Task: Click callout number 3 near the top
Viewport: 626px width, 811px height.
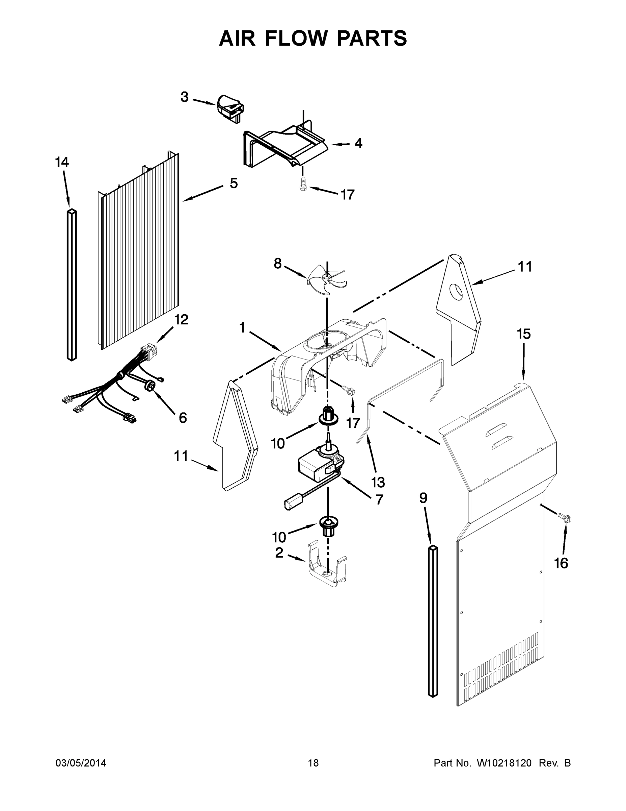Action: click(x=184, y=97)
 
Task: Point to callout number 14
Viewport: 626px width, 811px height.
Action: click(x=62, y=162)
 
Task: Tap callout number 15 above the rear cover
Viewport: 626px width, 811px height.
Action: click(x=524, y=334)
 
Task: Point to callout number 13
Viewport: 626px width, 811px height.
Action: click(x=378, y=482)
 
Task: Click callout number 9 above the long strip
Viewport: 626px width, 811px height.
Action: click(x=423, y=498)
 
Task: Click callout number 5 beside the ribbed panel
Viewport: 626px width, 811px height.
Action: click(x=233, y=183)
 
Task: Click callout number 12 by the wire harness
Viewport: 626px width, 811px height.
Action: click(x=181, y=319)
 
